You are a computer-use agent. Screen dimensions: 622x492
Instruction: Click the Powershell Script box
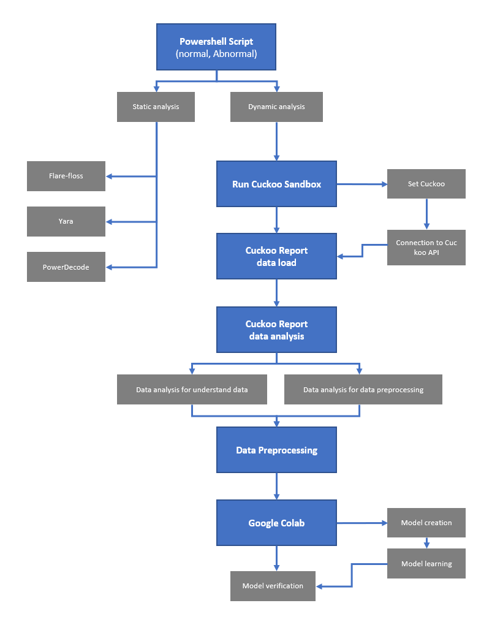pos(216,47)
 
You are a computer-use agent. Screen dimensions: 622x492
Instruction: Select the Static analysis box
pos(156,107)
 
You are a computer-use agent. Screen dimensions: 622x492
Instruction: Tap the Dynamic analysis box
pos(276,107)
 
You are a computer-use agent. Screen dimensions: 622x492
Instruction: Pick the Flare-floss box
pos(66,176)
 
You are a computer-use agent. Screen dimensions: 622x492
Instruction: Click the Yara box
pos(66,221)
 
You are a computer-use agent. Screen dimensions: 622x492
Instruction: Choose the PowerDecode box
pos(66,267)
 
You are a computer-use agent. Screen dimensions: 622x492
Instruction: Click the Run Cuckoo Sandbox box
pos(276,184)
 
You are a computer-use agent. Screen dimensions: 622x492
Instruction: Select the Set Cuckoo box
pos(426,184)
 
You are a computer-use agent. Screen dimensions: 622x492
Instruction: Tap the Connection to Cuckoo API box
pos(426,248)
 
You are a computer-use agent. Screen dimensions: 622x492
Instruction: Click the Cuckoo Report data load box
pos(276,256)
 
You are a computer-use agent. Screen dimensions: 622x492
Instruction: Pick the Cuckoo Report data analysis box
pos(276,330)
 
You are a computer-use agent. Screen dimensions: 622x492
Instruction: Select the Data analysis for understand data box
pos(192,390)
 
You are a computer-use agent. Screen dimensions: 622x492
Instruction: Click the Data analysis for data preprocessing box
pos(363,390)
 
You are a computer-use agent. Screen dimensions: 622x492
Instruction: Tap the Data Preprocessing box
pos(276,450)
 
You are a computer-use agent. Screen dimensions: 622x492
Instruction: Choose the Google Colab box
pos(276,523)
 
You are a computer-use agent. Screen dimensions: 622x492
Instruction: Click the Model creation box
pos(426,523)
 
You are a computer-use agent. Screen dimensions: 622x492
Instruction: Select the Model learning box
pos(426,564)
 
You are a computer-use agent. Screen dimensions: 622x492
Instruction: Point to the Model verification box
pos(273,586)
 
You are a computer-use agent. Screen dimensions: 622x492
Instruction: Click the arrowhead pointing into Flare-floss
pos(110,176)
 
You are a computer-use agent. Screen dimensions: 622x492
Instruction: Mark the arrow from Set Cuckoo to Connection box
pos(426,214)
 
